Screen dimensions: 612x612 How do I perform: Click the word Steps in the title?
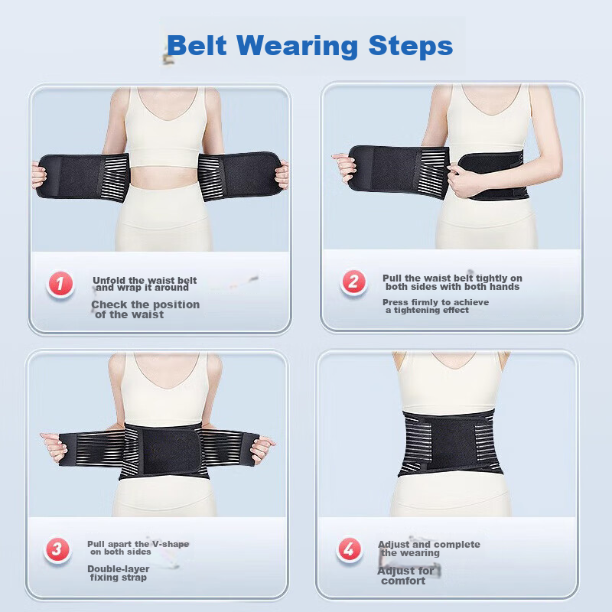tap(411, 46)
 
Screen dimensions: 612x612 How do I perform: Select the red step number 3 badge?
tap(56, 549)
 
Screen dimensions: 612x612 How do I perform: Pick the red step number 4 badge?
tap(350, 549)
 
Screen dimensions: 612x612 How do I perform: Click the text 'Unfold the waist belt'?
tap(145, 280)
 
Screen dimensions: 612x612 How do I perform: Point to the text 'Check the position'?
tap(145, 304)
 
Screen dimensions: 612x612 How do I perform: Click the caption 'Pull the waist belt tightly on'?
tap(453, 278)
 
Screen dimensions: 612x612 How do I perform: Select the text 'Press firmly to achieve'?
tap(435, 302)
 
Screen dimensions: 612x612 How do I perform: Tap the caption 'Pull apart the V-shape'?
tap(138, 544)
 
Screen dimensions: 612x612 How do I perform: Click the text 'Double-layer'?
tap(119, 569)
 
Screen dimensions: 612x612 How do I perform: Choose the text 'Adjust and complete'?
tap(428, 545)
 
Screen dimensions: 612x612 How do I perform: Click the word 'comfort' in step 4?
tap(403, 581)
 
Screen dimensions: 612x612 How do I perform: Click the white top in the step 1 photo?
tap(160, 122)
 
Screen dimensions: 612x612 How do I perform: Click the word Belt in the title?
tap(197, 46)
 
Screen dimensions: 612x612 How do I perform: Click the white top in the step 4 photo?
tap(450, 382)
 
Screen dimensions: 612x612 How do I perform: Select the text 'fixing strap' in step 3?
tap(116, 578)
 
